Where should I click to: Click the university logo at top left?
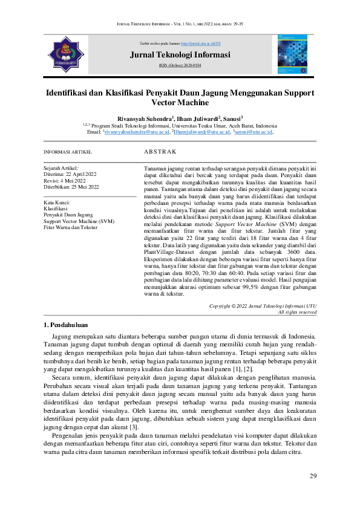click(64, 54)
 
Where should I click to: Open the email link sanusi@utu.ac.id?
click(254, 131)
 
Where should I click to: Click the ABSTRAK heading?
click(160, 151)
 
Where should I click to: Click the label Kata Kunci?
click(58, 202)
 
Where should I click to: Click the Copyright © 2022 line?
click(263, 306)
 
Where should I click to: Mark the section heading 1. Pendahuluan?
click(67, 325)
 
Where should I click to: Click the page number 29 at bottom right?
click(312, 476)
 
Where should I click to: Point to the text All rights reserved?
click(296, 312)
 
